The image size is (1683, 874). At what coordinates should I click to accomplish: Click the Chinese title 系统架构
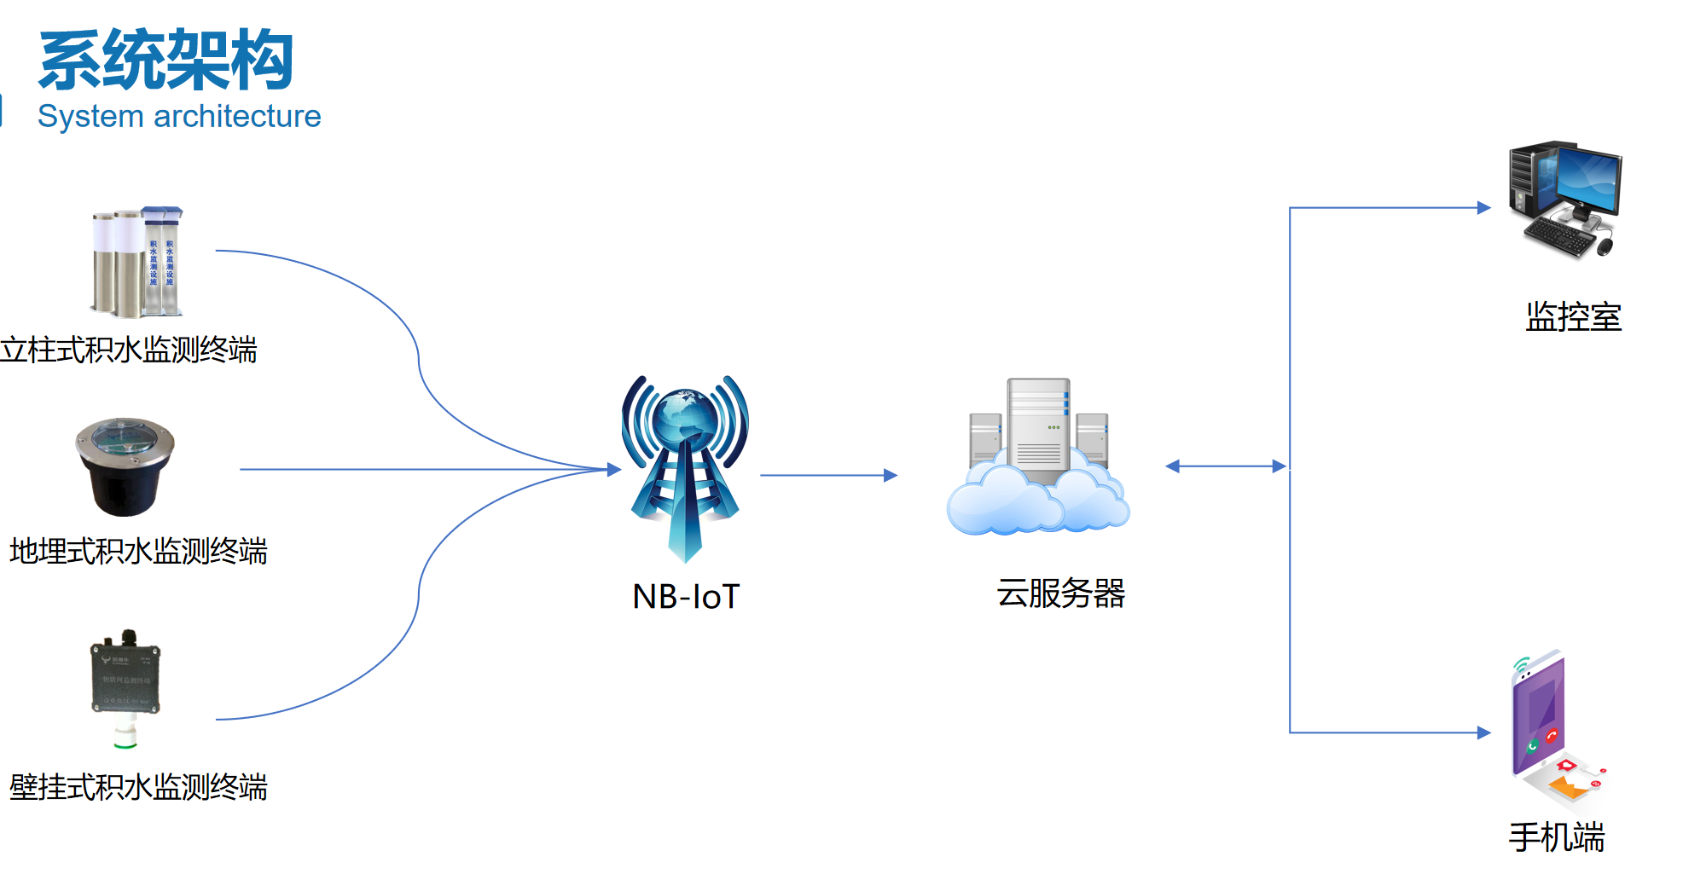coord(166,60)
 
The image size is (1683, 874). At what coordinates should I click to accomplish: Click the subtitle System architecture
coord(179,116)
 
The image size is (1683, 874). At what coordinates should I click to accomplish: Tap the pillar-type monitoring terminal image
coord(137,261)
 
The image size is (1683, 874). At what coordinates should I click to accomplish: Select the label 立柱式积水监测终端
coord(129,350)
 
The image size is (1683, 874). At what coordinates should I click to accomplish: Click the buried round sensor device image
coord(125,466)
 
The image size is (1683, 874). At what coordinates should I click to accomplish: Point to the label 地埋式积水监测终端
coord(138,551)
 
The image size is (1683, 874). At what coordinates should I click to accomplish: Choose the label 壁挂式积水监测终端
coord(138,786)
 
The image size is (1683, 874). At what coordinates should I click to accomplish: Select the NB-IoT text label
coord(686,596)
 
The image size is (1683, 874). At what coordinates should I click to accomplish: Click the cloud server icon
coord(1038,460)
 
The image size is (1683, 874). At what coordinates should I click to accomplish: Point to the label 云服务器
coord(1061,593)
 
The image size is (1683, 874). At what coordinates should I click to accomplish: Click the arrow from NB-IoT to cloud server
coord(827,475)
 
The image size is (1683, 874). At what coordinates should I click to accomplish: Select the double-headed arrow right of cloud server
coord(1225,466)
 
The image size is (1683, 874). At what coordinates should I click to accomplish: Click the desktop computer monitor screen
coord(1588,180)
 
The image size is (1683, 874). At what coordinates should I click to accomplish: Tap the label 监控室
coord(1573,316)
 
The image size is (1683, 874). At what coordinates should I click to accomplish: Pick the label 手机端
coord(1557,837)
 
